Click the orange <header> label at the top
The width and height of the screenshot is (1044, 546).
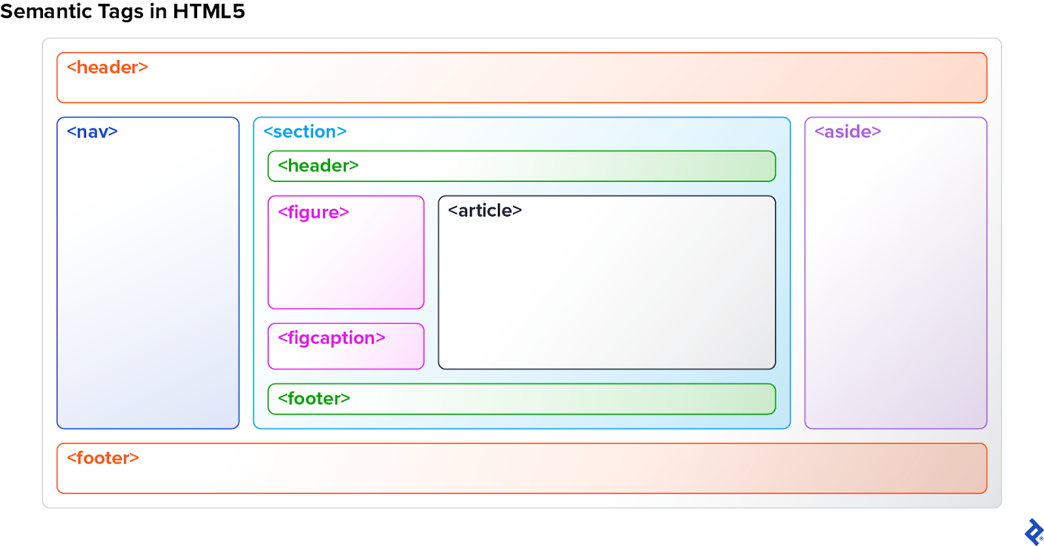pyautogui.click(x=108, y=67)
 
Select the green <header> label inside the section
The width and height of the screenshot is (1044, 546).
pyautogui.click(x=318, y=166)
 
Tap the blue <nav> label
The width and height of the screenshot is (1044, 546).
pyautogui.click(x=92, y=132)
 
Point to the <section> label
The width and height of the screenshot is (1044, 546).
pyautogui.click(x=305, y=132)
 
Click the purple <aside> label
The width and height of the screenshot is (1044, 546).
pyautogui.click(x=848, y=132)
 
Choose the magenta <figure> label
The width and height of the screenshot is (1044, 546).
pyautogui.click(x=313, y=213)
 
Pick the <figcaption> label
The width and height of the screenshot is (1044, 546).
pyautogui.click(x=331, y=338)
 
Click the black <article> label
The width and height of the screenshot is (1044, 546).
pyautogui.click(x=485, y=211)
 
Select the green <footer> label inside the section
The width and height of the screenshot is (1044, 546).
pyautogui.click(x=314, y=399)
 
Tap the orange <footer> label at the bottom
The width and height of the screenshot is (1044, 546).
pyautogui.click(x=103, y=458)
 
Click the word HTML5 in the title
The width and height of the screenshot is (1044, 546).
pyautogui.click(x=209, y=11)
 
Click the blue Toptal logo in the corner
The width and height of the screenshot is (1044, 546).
pyautogui.click(x=1034, y=532)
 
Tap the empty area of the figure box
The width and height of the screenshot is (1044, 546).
pyautogui.click(x=346, y=267)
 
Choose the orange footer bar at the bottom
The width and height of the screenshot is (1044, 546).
pyautogui.click(x=522, y=476)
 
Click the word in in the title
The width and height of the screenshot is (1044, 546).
pyautogui.click(x=158, y=11)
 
